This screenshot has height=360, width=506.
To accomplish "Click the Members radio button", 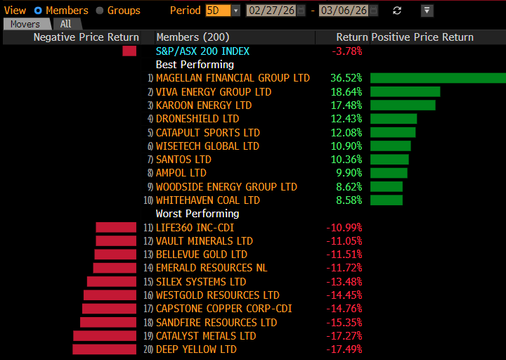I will tap(38, 11).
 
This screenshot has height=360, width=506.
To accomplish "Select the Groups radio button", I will tap(100, 11).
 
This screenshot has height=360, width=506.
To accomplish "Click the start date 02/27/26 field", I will tap(270, 11).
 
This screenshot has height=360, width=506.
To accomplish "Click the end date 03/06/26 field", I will tap(344, 11).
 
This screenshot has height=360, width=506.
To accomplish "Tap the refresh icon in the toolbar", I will tap(397, 11).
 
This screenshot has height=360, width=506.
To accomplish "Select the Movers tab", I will tap(25, 24).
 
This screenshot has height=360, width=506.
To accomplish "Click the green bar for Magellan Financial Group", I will tap(438, 78).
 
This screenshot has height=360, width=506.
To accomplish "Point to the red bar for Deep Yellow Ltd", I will tap(105, 349).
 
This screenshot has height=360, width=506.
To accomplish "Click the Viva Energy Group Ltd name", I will tap(214, 92).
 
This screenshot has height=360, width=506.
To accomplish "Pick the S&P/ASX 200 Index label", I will tap(202, 51).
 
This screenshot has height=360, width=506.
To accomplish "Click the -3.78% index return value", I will tap(348, 51).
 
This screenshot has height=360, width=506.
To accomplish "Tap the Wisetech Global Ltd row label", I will tap(207, 146).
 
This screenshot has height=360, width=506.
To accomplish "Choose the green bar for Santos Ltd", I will tap(389, 160).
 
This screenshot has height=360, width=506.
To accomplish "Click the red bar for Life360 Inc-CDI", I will tap(116, 228).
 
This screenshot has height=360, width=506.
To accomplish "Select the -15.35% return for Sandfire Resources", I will tap(344, 323).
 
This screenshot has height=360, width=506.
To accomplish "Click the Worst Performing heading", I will tap(197, 214).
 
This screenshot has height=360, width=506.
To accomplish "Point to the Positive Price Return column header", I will tap(422, 37).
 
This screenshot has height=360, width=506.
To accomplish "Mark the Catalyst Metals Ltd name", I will tap(206, 336).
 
